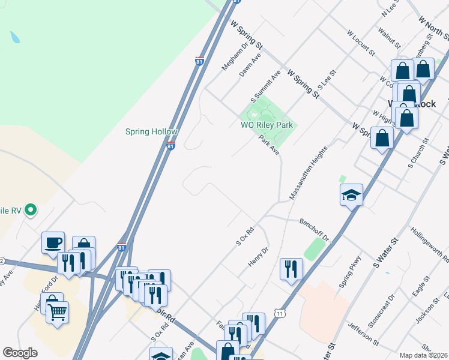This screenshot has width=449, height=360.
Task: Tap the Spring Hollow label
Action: (151, 132)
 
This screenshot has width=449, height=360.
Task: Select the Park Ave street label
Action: (269, 145)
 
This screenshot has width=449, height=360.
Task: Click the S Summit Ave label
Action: (266, 88)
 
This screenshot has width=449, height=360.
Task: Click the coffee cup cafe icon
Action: (53, 243)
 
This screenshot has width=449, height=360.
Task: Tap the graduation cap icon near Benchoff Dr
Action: (351, 195)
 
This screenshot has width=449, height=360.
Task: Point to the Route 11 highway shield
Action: (279, 313)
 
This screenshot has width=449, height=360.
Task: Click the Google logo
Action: (20, 353)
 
